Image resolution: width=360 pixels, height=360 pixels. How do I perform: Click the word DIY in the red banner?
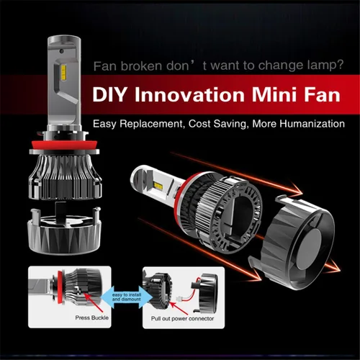click(x=109, y=94)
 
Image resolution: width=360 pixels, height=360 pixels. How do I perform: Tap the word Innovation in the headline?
click(x=189, y=94)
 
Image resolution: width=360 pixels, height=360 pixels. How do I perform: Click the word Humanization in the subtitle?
click(x=312, y=124)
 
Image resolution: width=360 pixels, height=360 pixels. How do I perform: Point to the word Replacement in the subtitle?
click(x=151, y=124)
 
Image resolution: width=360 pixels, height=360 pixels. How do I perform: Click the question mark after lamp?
click(x=341, y=65)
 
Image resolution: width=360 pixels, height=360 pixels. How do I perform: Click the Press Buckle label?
click(x=92, y=318)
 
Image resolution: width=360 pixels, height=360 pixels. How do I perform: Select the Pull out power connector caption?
click(x=182, y=318)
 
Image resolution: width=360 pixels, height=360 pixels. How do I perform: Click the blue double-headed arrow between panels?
click(x=127, y=297)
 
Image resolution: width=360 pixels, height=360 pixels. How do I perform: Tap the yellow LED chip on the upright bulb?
click(x=63, y=71)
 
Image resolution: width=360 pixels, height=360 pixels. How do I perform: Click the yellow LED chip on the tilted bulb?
click(x=158, y=185)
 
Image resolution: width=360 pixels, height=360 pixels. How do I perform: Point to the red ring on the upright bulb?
click(x=64, y=145)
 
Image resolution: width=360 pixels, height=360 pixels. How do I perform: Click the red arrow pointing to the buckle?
click(x=94, y=303)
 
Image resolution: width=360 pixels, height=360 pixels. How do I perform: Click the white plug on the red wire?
click(x=179, y=299)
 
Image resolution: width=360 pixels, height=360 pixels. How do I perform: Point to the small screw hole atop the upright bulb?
click(x=61, y=51)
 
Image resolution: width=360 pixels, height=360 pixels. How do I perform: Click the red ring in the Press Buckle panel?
click(x=59, y=287)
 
